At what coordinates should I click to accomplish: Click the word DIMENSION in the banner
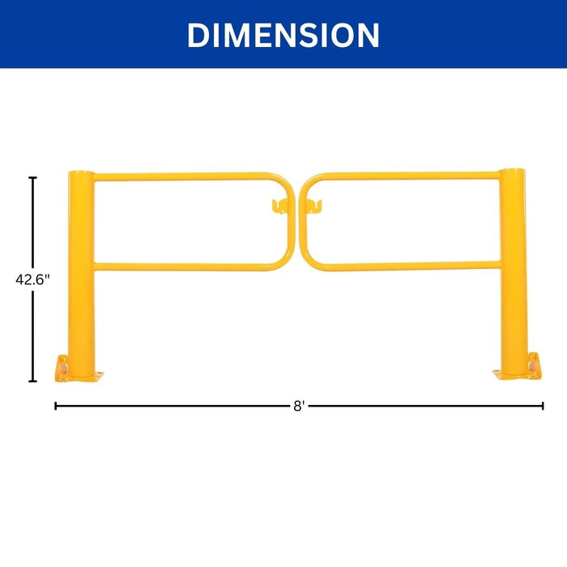click(283, 35)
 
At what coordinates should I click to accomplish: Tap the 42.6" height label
click(33, 279)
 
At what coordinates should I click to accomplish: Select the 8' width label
click(299, 406)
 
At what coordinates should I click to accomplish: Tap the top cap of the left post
click(81, 173)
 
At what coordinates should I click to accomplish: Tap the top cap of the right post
click(512, 171)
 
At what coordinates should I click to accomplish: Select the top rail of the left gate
click(182, 176)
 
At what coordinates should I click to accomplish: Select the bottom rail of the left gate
click(182, 266)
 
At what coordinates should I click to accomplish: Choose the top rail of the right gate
click(405, 176)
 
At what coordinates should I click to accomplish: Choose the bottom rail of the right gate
click(405, 266)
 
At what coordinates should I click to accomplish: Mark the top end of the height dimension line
click(33, 177)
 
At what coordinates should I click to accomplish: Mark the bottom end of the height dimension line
click(33, 381)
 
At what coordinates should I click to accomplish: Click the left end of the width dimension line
click(55, 406)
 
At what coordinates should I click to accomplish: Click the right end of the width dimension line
click(544, 406)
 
